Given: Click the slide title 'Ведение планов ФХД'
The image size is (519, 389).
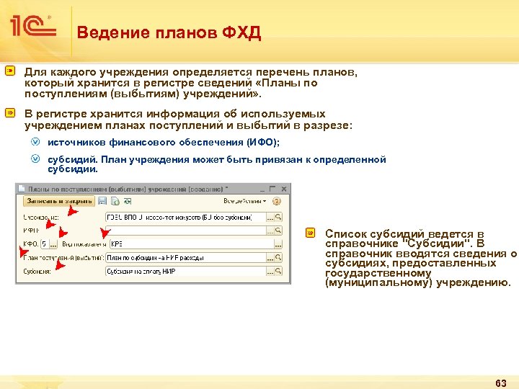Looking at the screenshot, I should click(x=169, y=32).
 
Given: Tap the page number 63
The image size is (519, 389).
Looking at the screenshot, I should click(x=502, y=381).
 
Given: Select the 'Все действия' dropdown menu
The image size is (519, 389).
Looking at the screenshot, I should click(x=245, y=201).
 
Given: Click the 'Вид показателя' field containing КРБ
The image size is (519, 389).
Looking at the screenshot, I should click(x=187, y=243).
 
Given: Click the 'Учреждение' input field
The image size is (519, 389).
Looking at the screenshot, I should click(x=185, y=217).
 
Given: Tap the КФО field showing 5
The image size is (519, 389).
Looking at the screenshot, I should click(x=45, y=243).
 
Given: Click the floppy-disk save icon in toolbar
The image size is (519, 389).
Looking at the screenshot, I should click(x=103, y=201).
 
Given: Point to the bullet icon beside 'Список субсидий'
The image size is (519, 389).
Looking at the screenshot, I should click(x=311, y=233).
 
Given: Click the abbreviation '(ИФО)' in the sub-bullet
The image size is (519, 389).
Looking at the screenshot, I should click(x=262, y=143).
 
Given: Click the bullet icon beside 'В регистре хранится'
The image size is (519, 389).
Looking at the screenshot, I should click(x=11, y=114).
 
